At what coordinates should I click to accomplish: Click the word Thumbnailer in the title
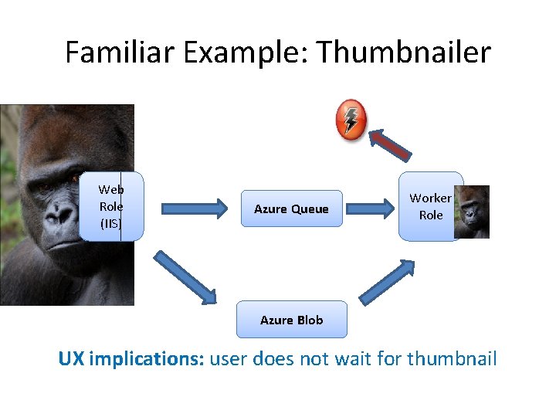(x=404, y=53)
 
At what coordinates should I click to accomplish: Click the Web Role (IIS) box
(x=111, y=207)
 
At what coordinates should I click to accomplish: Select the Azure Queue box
(x=291, y=208)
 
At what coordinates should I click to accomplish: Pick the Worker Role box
(x=429, y=207)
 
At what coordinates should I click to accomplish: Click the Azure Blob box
(x=291, y=320)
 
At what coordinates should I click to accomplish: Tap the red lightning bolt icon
(x=351, y=119)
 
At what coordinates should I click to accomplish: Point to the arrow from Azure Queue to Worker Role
(x=369, y=208)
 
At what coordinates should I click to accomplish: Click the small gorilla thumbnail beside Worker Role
(x=472, y=212)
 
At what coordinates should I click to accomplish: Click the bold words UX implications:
(x=131, y=359)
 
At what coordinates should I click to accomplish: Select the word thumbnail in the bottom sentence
(x=452, y=359)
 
